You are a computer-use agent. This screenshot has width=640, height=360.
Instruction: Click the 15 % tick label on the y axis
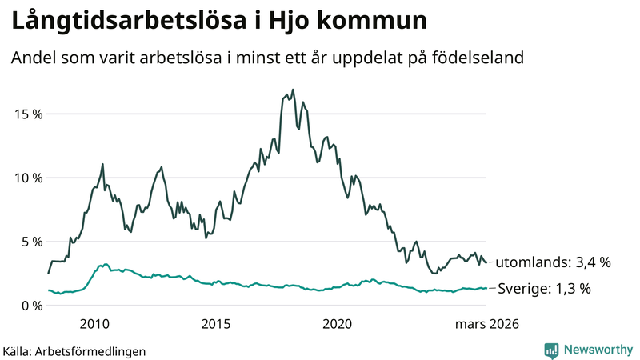click(x=27, y=114)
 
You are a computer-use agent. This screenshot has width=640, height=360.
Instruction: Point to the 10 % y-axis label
click(x=27, y=178)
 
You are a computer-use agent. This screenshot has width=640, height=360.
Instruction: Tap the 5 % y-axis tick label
click(x=30, y=242)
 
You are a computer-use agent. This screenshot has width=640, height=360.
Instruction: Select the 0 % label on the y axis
click(x=30, y=306)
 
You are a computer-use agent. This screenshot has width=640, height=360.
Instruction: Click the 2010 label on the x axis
click(x=94, y=324)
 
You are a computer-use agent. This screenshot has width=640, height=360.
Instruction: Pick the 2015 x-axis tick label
click(x=215, y=324)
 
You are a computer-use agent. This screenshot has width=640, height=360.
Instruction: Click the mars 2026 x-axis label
click(x=487, y=324)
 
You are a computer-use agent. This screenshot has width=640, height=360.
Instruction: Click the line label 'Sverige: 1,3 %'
click(x=545, y=289)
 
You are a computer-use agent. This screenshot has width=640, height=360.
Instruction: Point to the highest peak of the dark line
click(x=293, y=90)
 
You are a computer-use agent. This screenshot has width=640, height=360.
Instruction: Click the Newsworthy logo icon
click(x=551, y=350)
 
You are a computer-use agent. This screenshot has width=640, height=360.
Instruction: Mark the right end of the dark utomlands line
click(x=487, y=262)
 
